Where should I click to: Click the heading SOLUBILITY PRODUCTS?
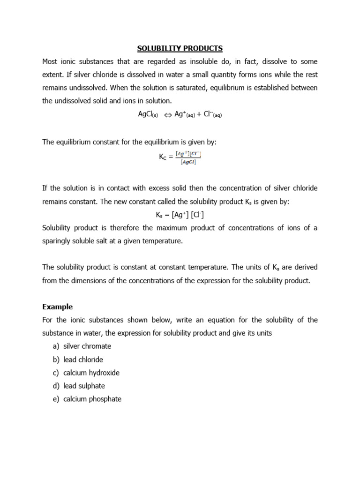point(180,48)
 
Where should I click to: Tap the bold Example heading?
point(57,307)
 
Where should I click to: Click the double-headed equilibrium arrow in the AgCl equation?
point(167,114)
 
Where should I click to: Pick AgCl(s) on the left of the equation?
point(148,114)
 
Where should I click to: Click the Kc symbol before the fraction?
point(163,157)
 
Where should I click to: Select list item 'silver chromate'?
point(87,346)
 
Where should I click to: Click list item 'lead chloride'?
point(83,360)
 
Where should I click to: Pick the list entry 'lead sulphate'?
point(84,386)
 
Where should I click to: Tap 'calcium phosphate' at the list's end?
point(92,399)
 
